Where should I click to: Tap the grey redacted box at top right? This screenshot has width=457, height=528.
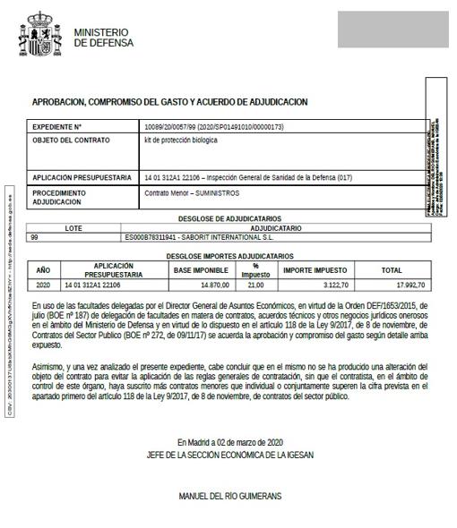tap(392, 30)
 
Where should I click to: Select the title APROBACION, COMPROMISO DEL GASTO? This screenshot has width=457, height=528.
tap(169, 102)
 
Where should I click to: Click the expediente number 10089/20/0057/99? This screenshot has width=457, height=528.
tap(213, 127)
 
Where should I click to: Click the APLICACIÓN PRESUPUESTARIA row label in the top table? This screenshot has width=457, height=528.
tap(82, 177)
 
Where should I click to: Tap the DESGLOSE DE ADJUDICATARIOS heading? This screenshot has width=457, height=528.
tap(229, 218)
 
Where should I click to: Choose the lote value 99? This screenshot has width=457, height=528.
tap(35, 237)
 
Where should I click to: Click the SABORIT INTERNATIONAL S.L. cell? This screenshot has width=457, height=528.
tap(201, 237)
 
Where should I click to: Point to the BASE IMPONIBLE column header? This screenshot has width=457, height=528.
tap(201, 269)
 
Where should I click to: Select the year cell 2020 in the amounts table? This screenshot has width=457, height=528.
tap(43, 285)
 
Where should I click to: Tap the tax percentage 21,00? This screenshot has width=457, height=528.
tap(255, 285)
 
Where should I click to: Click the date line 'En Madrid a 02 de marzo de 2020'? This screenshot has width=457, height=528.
tap(229, 442)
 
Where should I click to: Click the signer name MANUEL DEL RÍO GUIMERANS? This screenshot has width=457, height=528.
tap(229, 495)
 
